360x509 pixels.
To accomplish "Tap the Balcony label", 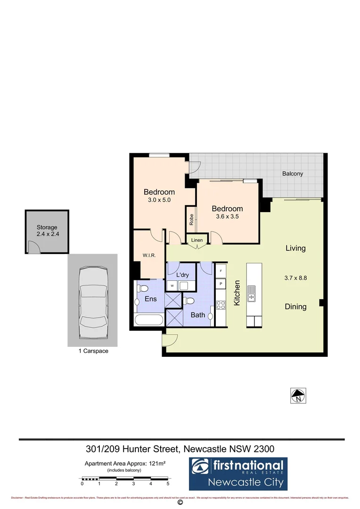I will (293, 174).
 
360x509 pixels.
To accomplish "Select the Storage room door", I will (34, 246).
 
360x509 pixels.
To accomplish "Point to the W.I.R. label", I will (149, 256).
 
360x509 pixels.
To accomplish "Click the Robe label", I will (191, 220).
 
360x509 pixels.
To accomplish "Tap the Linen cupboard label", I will (197, 240).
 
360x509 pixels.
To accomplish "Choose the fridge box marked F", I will (221, 272).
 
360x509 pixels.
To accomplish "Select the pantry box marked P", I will (221, 284).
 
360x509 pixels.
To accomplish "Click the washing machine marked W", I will (172, 286).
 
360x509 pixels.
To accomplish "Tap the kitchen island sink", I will (252, 294).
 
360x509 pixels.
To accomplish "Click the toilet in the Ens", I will (143, 287).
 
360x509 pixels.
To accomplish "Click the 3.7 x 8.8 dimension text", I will (296, 278).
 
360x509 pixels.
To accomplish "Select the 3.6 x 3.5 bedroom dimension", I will (228, 217).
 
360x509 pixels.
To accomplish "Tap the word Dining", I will (296, 307).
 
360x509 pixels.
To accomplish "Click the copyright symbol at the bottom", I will (180, 502).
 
